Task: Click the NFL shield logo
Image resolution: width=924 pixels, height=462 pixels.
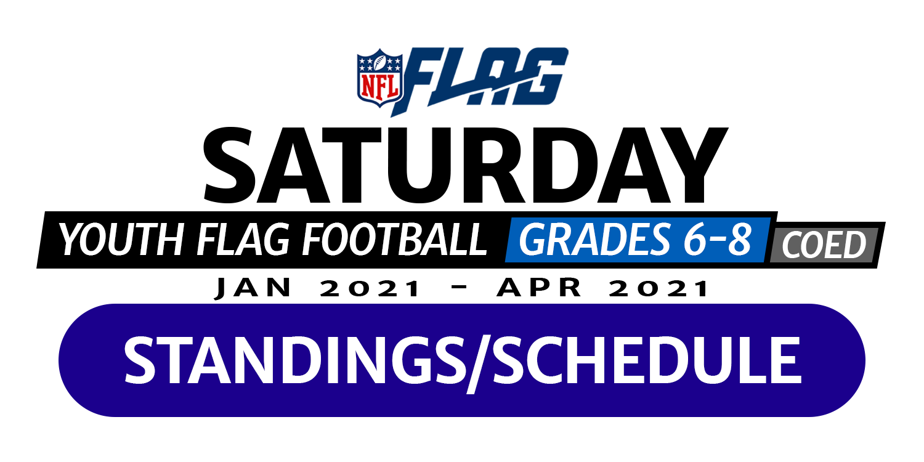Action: point(380,78)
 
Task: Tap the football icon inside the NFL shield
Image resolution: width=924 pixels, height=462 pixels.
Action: point(380,62)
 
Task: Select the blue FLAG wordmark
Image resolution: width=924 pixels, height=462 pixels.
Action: point(480,81)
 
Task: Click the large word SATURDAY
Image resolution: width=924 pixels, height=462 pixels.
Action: point(464,165)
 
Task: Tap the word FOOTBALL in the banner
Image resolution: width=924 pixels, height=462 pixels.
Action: point(395,239)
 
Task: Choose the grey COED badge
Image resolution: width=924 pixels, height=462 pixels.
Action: point(824,245)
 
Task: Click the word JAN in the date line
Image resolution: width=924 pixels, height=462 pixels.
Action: point(253,288)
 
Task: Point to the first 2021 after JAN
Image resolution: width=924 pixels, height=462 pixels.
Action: point(370,288)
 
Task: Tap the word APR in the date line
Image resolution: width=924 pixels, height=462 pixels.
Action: point(540,288)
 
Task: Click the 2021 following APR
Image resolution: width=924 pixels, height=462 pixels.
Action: point(659,288)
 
